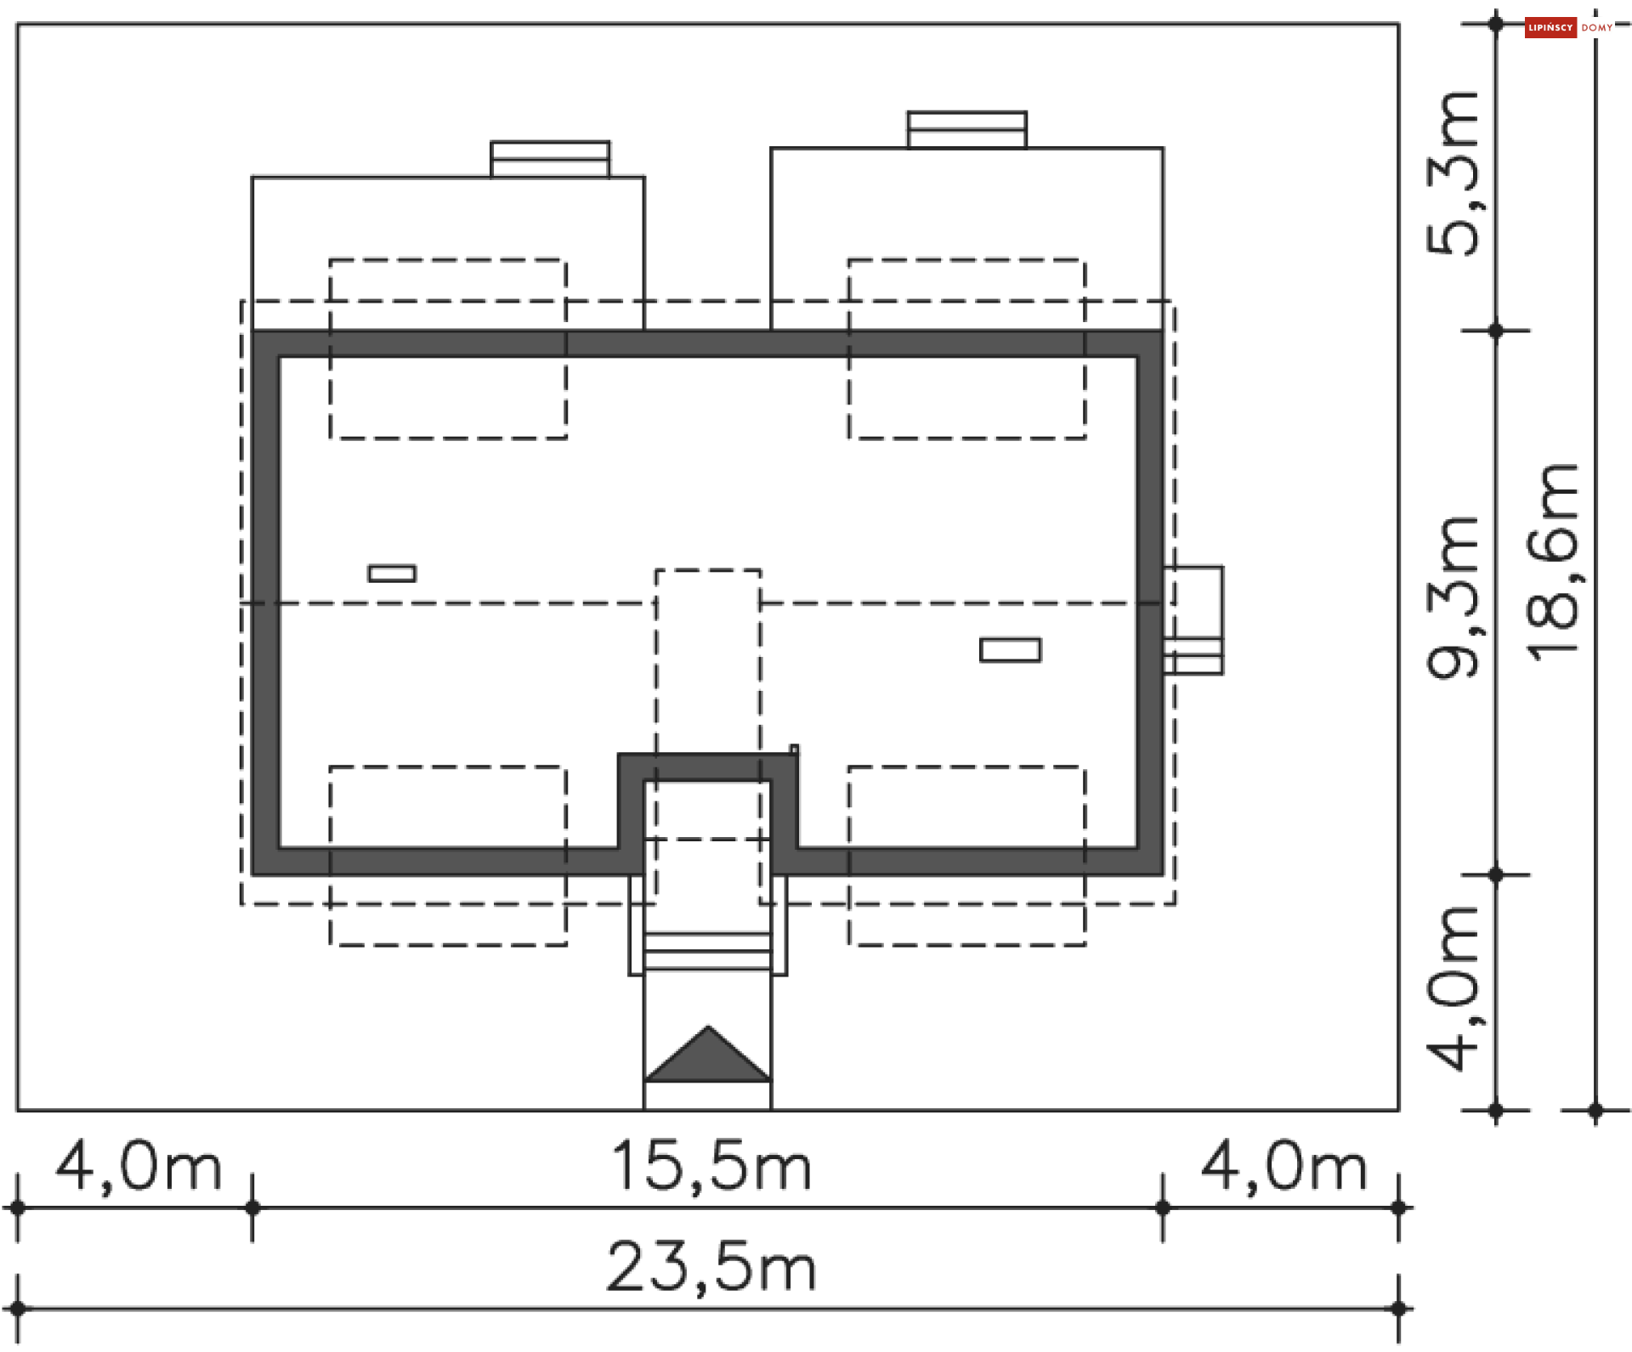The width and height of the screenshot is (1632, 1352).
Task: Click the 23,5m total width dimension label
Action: pyautogui.click(x=711, y=1267)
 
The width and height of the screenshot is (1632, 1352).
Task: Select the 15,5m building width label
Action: pyautogui.click(x=711, y=1166)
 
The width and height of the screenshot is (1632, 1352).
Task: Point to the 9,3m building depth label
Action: pyautogui.click(x=1453, y=597)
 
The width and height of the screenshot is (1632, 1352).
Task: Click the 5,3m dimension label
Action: pyautogui.click(x=1453, y=173)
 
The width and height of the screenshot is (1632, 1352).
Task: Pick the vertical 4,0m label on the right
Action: pyautogui.click(x=1453, y=987)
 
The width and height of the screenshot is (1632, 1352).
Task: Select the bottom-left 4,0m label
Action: pyautogui.click(x=139, y=1168)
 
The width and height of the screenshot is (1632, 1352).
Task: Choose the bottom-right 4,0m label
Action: pyautogui.click(x=1283, y=1168)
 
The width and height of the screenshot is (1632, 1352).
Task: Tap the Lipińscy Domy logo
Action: pyautogui.click(x=1567, y=27)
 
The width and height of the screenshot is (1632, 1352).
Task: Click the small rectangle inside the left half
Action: pyautogui.click(x=392, y=574)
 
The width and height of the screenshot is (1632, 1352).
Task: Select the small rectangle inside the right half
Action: pyautogui.click(x=1010, y=650)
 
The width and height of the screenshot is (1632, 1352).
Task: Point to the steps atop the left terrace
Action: pyautogui.click(x=550, y=159)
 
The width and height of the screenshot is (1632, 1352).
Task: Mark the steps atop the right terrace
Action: pyautogui.click(x=966, y=129)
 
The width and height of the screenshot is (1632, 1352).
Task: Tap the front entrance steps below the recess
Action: pyautogui.click(x=707, y=951)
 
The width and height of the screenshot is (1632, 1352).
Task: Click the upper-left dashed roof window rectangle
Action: pyautogui.click(x=448, y=348)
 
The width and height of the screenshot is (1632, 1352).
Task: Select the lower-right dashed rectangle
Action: pyautogui.click(x=966, y=855)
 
